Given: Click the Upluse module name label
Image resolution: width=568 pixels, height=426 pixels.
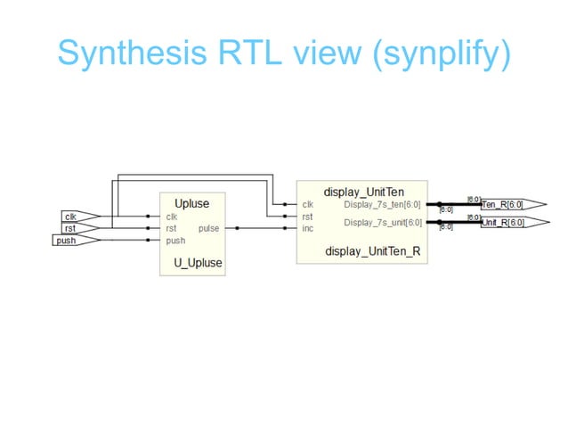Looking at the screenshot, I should click(x=191, y=203).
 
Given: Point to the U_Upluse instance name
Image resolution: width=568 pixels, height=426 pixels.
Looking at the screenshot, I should click(x=198, y=263).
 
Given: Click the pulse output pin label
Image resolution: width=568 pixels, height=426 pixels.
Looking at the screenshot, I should click(x=208, y=228).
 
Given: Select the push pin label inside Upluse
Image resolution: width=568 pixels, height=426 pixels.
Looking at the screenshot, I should click(x=175, y=241).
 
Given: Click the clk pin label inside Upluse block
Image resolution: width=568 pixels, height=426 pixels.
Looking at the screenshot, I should click(x=171, y=216).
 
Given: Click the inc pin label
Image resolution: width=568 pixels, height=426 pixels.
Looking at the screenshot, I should click(x=308, y=228).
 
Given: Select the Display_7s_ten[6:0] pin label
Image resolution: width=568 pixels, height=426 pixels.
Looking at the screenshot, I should click(x=383, y=204).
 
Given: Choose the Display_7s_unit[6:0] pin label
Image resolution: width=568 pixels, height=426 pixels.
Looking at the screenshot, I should click(x=383, y=222).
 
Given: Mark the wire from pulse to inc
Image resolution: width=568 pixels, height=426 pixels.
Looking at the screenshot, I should click(x=263, y=228).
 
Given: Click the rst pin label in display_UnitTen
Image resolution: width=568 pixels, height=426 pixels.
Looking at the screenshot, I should click(x=307, y=216).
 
